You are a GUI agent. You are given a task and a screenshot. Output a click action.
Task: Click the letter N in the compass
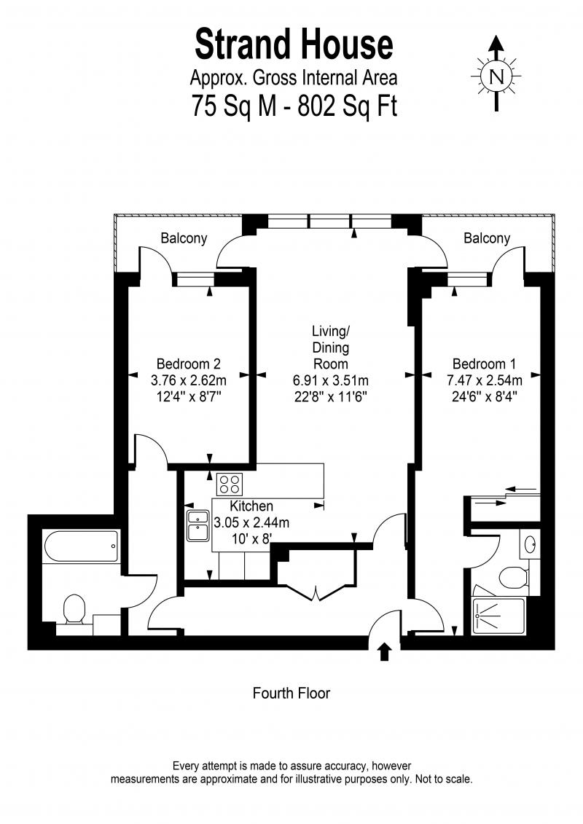[496, 76]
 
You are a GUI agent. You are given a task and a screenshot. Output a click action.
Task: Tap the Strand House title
[294, 44]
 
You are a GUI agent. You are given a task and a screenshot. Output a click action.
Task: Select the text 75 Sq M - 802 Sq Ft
[294, 106]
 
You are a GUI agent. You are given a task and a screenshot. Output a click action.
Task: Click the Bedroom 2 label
[188, 364]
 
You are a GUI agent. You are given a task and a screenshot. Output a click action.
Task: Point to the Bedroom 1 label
[484, 364]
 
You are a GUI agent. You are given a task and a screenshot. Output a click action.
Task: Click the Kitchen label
[251, 506]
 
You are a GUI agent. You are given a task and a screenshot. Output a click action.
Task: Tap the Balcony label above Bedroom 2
[184, 238]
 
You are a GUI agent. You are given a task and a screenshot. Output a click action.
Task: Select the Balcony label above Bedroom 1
[487, 238]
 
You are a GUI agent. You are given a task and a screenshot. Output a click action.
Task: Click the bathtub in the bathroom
[82, 546]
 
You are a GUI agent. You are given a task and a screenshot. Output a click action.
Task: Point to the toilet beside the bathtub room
[74, 610]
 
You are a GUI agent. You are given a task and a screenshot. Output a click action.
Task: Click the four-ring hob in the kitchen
[230, 484]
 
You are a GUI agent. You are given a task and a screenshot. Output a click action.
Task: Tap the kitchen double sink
[198, 525]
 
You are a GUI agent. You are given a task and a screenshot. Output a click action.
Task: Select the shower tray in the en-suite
[498, 616]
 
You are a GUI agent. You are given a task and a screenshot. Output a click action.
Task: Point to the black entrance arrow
[385, 651]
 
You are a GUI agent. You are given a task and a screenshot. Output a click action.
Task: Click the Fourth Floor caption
[291, 693]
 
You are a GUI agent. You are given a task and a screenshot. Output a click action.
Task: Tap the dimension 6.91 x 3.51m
[330, 380]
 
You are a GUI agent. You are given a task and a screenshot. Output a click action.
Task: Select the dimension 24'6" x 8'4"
[484, 396]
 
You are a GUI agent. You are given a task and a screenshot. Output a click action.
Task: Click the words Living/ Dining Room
[331, 348]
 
